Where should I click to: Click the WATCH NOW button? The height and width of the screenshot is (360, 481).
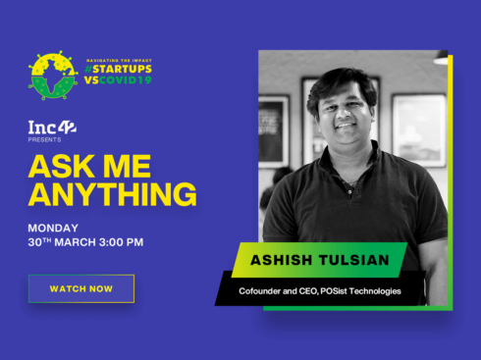(80, 288)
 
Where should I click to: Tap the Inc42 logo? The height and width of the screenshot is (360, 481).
(52, 128)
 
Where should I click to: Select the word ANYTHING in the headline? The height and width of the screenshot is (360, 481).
(112, 194)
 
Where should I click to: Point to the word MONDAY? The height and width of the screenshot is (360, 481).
(54, 226)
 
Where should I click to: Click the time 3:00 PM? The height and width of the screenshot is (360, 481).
(121, 242)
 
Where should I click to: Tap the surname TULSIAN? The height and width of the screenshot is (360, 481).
(353, 260)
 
